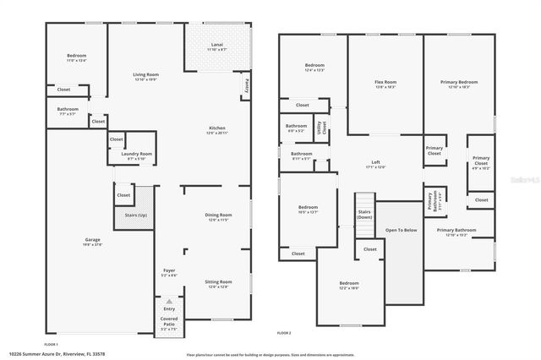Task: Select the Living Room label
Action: [146, 76]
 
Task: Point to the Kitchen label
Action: [217, 128]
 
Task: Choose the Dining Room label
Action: [218, 215]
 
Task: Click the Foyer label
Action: [169, 270]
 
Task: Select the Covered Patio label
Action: [169, 325]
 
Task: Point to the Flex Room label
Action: [385, 83]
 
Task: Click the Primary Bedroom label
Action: [460, 83]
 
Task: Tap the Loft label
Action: [376, 162]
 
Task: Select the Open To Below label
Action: [401, 229]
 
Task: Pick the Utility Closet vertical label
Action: [320, 128]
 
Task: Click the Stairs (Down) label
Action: [364, 215]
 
